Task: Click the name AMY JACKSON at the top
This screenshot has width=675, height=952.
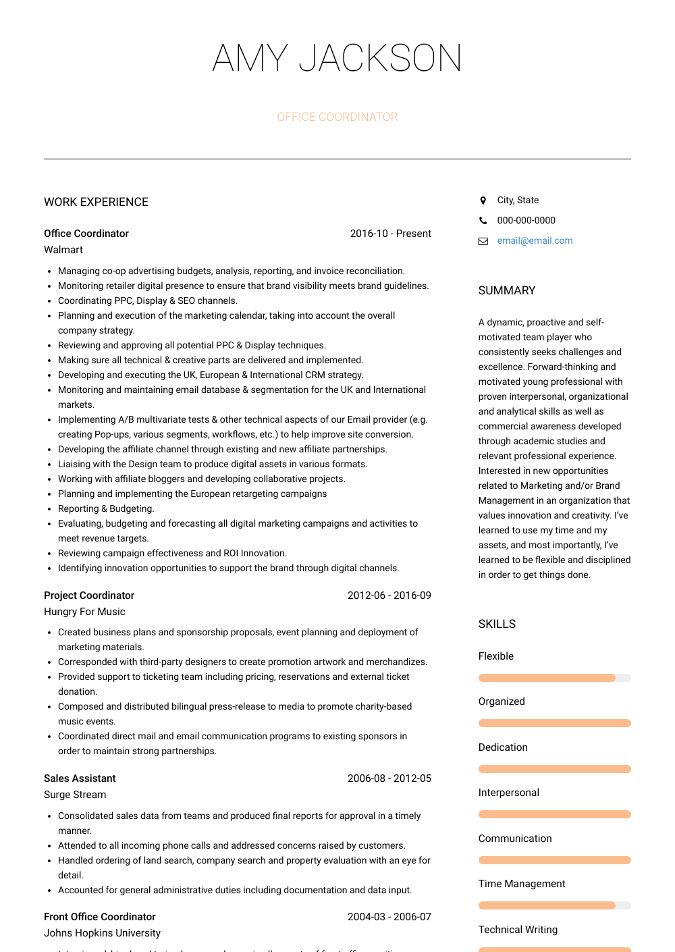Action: click(337, 58)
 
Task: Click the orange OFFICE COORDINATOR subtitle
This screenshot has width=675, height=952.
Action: click(337, 117)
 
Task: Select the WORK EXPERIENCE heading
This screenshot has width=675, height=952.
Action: click(96, 202)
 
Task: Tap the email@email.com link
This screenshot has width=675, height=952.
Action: click(535, 241)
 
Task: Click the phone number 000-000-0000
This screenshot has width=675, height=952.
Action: click(526, 221)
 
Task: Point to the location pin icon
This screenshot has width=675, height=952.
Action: click(483, 201)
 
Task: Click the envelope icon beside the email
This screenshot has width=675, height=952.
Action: click(483, 241)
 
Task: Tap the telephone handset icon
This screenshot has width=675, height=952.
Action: click(483, 221)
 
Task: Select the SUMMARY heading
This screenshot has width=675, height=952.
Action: click(506, 290)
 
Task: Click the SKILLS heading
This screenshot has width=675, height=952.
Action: click(497, 624)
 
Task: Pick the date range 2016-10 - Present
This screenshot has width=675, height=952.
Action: click(390, 234)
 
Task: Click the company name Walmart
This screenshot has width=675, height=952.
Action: click(63, 250)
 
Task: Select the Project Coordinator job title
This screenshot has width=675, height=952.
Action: click(89, 596)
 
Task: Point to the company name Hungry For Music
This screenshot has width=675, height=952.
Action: click(84, 612)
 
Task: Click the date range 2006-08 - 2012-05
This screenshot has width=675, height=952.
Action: click(389, 778)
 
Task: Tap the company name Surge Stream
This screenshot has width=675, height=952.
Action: click(75, 795)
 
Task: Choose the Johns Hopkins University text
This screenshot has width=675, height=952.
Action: click(102, 933)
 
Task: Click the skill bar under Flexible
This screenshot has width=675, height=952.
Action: click(554, 678)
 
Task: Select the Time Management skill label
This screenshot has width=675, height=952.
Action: click(522, 884)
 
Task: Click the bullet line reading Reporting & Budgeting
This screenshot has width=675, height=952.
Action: click(106, 508)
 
